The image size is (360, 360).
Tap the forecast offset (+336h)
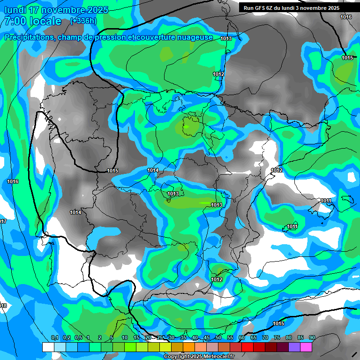coord(83,21)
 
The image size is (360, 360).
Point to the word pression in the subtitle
coord(99,37)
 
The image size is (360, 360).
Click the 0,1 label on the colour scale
coord(54,338)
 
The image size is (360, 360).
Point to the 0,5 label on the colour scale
coord(78,338)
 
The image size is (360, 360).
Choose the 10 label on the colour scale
coord(125,338)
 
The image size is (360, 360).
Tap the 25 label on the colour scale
coord(160,338)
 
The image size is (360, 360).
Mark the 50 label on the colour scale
coord(218,338)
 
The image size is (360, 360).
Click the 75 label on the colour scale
coord(277,338)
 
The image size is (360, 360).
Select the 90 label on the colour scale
coord(312,338)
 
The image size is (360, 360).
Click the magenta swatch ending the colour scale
coord(306,347)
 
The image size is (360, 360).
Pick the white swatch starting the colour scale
coord(48,347)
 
